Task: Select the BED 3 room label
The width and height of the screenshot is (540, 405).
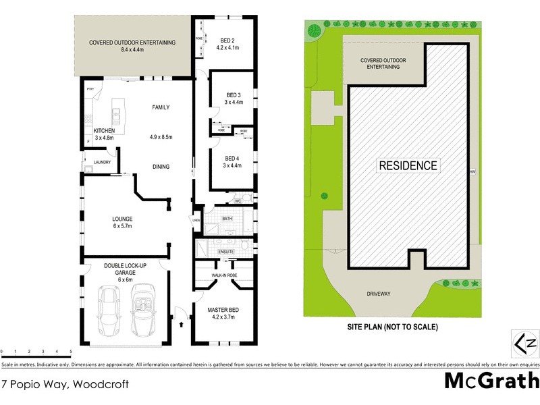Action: (233, 94)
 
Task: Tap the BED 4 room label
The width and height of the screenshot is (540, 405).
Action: (233, 158)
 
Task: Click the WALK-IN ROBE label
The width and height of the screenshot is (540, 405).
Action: (223, 275)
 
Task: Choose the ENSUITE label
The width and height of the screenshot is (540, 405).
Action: (225, 252)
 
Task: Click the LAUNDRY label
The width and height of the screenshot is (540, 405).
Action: (103, 162)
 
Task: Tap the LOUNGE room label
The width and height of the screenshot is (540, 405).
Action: (122, 219)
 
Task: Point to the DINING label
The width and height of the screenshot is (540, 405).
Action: (161, 167)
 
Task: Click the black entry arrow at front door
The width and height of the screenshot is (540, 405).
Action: (182, 324)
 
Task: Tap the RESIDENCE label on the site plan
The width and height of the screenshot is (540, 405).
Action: (408, 165)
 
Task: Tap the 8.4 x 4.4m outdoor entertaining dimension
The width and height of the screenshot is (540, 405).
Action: (132, 49)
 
